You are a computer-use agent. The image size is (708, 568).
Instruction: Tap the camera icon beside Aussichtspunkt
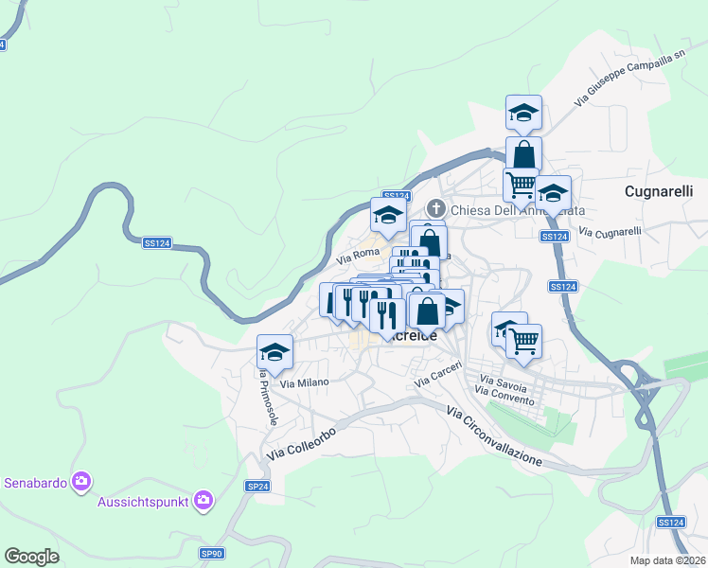click(x=203, y=500)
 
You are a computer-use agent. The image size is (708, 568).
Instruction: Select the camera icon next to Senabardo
click(x=81, y=482)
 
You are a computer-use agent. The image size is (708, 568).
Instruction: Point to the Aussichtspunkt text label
click(x=144, y=501)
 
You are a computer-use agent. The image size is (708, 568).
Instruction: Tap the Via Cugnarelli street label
click(x=610, y=231)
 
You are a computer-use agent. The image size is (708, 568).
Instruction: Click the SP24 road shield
click(x=257, y=486)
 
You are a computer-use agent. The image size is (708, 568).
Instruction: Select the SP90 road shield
click(x=211, y=553)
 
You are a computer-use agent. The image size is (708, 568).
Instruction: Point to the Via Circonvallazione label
click(x=494, y=435)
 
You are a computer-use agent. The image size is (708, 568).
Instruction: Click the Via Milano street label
click(x=304, y=382)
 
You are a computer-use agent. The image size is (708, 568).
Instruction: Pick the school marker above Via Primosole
click(x=275, y=352)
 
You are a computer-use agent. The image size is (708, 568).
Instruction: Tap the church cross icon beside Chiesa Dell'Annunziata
click(x=437, y=207)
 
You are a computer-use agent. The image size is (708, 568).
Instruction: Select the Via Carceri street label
click(x=437, y=375)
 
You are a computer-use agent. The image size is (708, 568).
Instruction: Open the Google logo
click(x=32, y=557)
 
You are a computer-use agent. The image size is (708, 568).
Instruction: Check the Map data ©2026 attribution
click(x=668, y=560)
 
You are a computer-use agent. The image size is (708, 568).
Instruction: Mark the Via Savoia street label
click(x=500, y=386)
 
